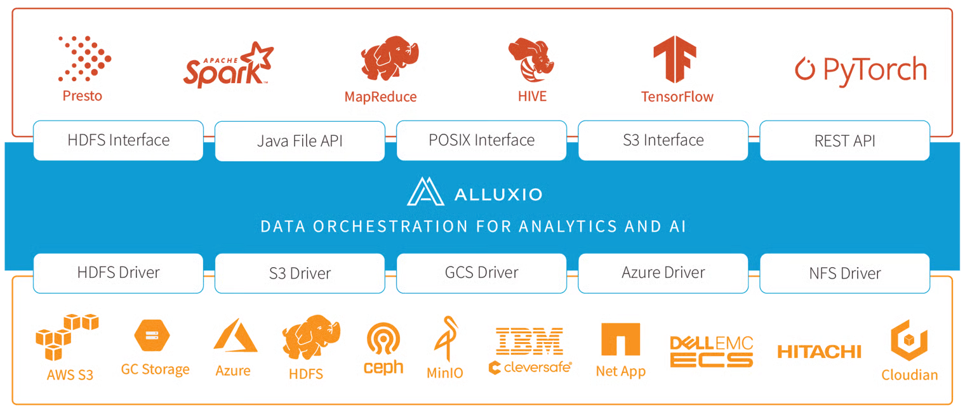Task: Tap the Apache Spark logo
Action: coord(228,65)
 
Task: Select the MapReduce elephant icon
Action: coord(389,60)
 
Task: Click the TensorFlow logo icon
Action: coord(675,59)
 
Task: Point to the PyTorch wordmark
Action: coord(861,69)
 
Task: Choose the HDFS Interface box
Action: coord(118,140)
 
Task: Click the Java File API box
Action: coord(300,141)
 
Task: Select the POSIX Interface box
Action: coord(481,140)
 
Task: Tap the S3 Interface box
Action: coord(663,140)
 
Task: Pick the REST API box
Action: coord(844,141)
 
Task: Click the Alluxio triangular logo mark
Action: coord(425,192)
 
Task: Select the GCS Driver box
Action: coord(481,273)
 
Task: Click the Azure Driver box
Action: coord(663,273)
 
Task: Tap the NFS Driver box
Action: coord(844,273)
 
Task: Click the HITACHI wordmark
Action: coord(819,351)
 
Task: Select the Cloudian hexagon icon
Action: coord(909,339)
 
